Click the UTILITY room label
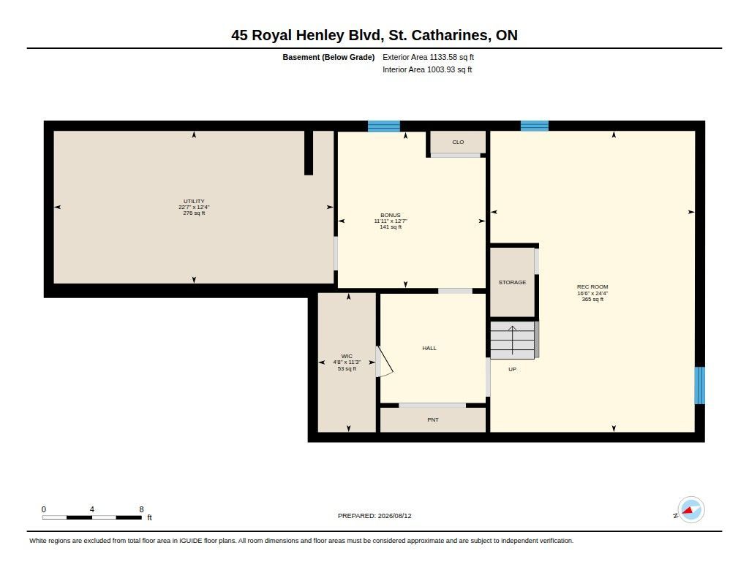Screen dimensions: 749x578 coord(194,202)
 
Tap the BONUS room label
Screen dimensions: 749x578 coord(391,216)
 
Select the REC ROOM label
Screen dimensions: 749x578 coord(592,287)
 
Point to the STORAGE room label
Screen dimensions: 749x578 coord(512,283)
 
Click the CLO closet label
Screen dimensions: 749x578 coord(458,142)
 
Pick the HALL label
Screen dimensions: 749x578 coord(429,349)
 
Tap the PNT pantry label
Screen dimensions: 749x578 coord(433,420)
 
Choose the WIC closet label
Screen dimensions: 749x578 coord(347,357)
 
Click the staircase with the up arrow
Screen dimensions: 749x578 coord(513,340)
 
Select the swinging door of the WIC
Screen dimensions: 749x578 coord(385,362)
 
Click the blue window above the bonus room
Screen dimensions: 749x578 coord(383,126)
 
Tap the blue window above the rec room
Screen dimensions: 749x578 coord(535,126)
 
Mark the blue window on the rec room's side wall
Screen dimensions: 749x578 coord(699,385)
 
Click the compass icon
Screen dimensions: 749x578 coord(690,510)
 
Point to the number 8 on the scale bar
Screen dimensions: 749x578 coord(141,509)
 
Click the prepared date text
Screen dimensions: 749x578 coord(374,516)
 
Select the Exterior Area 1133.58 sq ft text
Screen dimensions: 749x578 coord(428,57)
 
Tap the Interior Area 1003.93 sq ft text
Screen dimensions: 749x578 coord(427,69)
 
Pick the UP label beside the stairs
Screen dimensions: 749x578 coord(512,370)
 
